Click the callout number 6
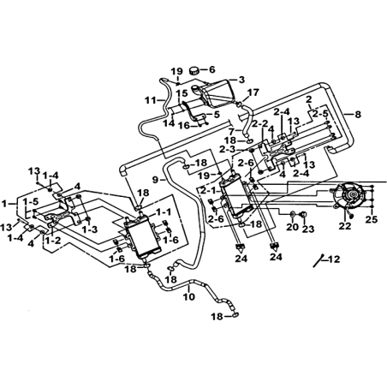coord(211,69)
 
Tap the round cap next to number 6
coord(195,70)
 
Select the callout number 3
coord(241,80)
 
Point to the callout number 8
coord(358,115)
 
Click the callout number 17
coord(253,92)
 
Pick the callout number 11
coord(151,100)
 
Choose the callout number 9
coord(156,180)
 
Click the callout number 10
coord(188,296)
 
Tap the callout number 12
coord(334,259)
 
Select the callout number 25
coord(372,219)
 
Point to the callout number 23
coord(308,229)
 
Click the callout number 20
coord(293,228)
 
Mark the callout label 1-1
coord(164,212)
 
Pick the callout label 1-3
coord(89,229)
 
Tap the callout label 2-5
coord(319,114)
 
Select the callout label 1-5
coord(31,202)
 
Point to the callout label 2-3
coord(228,149)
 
